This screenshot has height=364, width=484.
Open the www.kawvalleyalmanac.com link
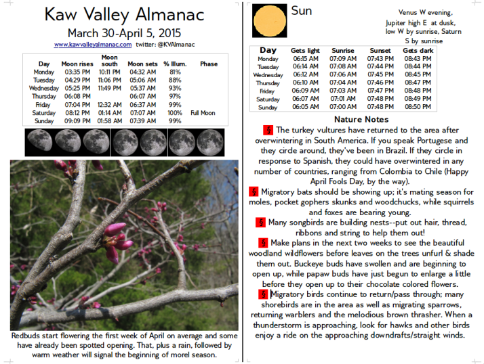coord(93,45)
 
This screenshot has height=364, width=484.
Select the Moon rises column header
coord(77,64)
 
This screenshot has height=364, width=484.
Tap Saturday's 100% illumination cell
coord(175,113)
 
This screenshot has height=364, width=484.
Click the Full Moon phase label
coord(204,113)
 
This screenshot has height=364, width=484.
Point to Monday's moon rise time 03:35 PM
coord(78,72)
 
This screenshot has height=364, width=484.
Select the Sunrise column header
coord(343,51)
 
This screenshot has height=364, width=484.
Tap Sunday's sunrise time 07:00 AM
coord(343,107)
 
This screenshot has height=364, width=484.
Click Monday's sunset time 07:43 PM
coord(380,59)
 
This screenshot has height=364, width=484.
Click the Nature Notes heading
coord(361,119)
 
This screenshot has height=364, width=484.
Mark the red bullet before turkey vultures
coord(268,130)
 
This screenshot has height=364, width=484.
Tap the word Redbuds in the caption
coord(29,336)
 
